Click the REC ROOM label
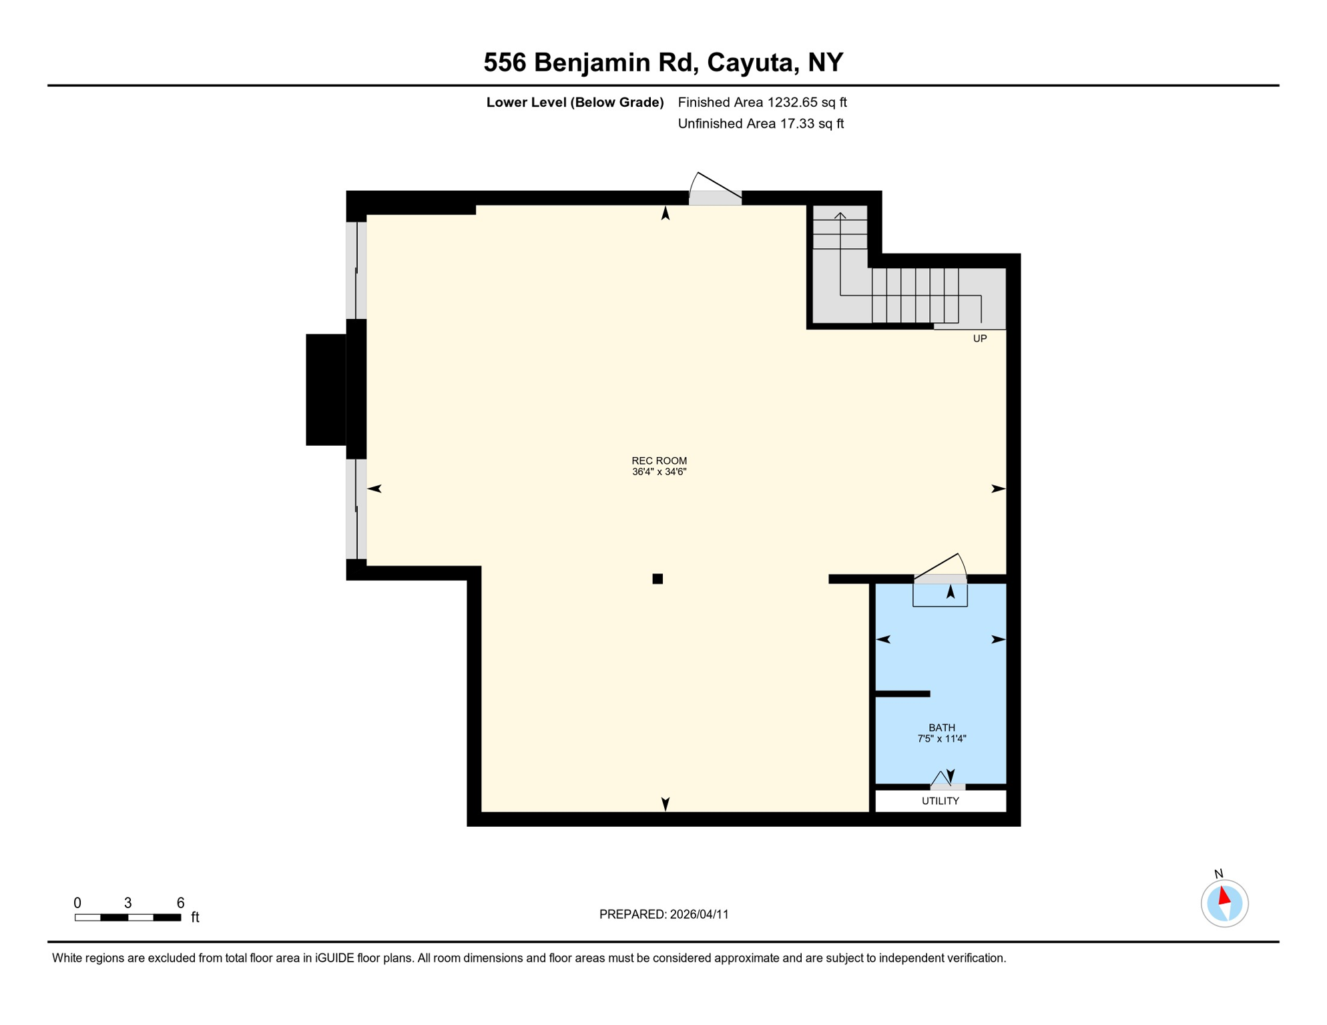tap(659, 460)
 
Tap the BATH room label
tap(941, 727)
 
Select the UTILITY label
tap(940, 801)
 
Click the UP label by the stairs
tap(979, 338)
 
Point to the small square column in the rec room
tap(657, 579)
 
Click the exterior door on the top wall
tap(715, 197)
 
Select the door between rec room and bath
tap(940, 578)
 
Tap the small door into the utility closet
tap(947, 786)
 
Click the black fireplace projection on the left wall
tap(326, 389)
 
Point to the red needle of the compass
tap(1224, 896)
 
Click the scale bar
tap(127, 918)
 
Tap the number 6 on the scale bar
tap(180, 903)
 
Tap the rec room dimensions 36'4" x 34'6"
tap(659, 472)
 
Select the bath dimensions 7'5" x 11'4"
tap(941, 739)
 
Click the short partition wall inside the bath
tap(902, 694)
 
